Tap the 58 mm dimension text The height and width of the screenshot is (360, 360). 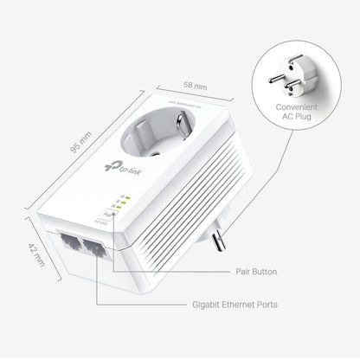tap(196, 87)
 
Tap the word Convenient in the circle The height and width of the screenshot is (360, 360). tap(297, 109)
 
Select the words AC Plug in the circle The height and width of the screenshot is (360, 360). tap(297, 120)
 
